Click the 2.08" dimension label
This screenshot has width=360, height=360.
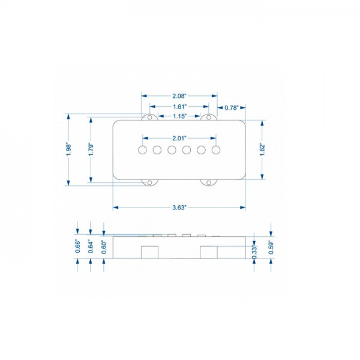click(179, 96)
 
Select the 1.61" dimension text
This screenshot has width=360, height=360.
click(179, 106)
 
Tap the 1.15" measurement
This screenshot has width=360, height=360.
click(179, 116)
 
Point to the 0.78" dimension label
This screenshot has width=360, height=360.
click(232, 108)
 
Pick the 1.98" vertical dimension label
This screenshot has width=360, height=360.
click(69, 149)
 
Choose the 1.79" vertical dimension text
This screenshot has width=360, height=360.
click(91, 149)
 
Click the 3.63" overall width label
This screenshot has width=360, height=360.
click(179, 207)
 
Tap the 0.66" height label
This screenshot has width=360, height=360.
click(78, 246)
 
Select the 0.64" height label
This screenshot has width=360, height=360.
click(91, 246)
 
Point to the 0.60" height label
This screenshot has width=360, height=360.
click(104, 246)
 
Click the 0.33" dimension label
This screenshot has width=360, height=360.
click(254, 252)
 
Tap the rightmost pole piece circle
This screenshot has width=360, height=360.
click(215, 149)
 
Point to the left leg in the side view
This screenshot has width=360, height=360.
click(149, 252)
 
